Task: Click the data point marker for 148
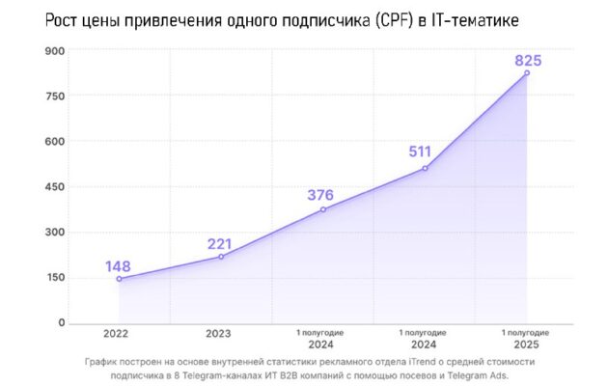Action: coord(119,279)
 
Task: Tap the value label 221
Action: coord(221,244)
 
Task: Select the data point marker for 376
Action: coord(323,209)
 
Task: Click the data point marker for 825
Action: coord(527,72)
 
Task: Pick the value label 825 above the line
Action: coord(527,60)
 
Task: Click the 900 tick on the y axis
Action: coord(55,51)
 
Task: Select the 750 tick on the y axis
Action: coord(55,96)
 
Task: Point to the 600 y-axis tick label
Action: coord(55,142)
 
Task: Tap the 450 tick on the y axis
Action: coord(55,186)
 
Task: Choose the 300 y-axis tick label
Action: coord(55,232)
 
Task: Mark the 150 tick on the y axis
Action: coord(55,277)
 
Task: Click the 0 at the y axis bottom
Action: coord(62,322)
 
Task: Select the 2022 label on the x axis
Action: coord(119,334)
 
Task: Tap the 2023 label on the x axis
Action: coord(221,334)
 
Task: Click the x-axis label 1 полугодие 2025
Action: coord(527,338)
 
